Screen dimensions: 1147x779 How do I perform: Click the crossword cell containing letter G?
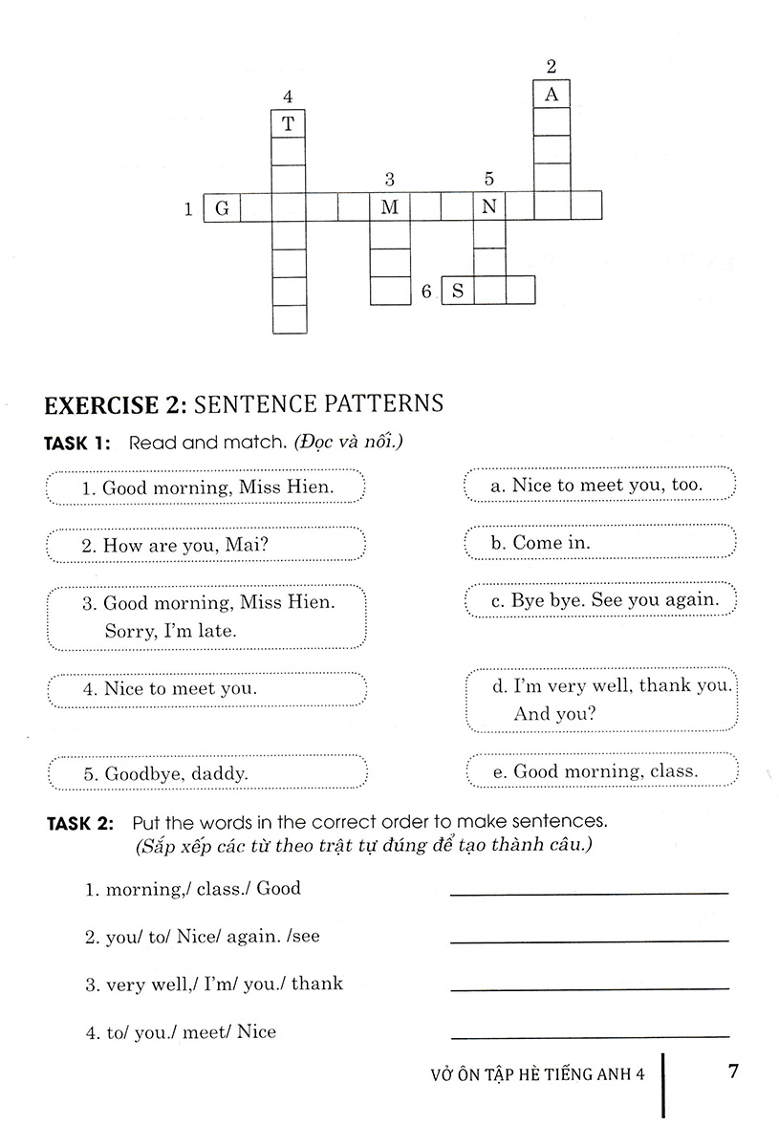[x=221, y=207]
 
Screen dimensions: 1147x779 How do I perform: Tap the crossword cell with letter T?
[x=289, y=123]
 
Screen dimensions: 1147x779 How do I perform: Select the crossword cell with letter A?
[x=551, y=94]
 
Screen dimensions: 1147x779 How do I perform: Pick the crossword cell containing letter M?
[x=388, y=207]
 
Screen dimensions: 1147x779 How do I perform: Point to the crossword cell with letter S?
[x=458, y=290]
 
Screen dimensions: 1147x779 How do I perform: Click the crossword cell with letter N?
[x=489, y=207]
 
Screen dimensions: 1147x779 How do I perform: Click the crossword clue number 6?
[x=426, y=291]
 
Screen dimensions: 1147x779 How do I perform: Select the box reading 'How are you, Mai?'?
[x=206, y=545]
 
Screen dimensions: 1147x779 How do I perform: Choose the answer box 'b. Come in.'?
[x=599, y=542]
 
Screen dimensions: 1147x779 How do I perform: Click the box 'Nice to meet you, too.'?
[x=599, y=485]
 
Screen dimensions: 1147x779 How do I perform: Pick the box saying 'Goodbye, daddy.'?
[x=206, y=775]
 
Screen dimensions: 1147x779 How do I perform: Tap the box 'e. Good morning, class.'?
[x=599, y=770]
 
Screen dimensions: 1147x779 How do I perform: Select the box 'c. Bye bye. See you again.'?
[x=599, y=599]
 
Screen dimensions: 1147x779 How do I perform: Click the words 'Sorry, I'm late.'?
[x=169, y=631]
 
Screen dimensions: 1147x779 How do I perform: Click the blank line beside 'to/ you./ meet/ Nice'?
[x=588, y=1035]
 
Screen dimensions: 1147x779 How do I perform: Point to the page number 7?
[x=733, y=1071]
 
